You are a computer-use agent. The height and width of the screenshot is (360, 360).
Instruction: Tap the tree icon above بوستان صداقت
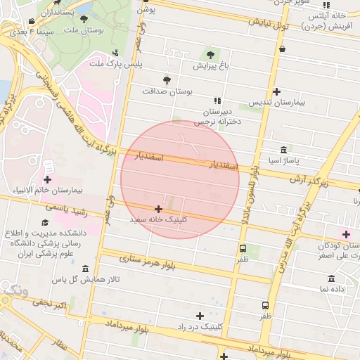click(167, 80)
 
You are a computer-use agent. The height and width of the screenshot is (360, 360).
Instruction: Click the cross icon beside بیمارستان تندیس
click(277, 91)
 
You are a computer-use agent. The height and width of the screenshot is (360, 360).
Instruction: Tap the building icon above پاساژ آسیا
click(283, 150)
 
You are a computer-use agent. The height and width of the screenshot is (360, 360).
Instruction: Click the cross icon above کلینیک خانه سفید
click(158, 209)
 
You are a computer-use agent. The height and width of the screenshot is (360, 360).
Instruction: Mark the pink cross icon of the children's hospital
click(345, 233)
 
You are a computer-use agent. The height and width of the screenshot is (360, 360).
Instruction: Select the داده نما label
click(333, 288)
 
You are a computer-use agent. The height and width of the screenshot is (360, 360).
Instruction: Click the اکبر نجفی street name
click(51, 304)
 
